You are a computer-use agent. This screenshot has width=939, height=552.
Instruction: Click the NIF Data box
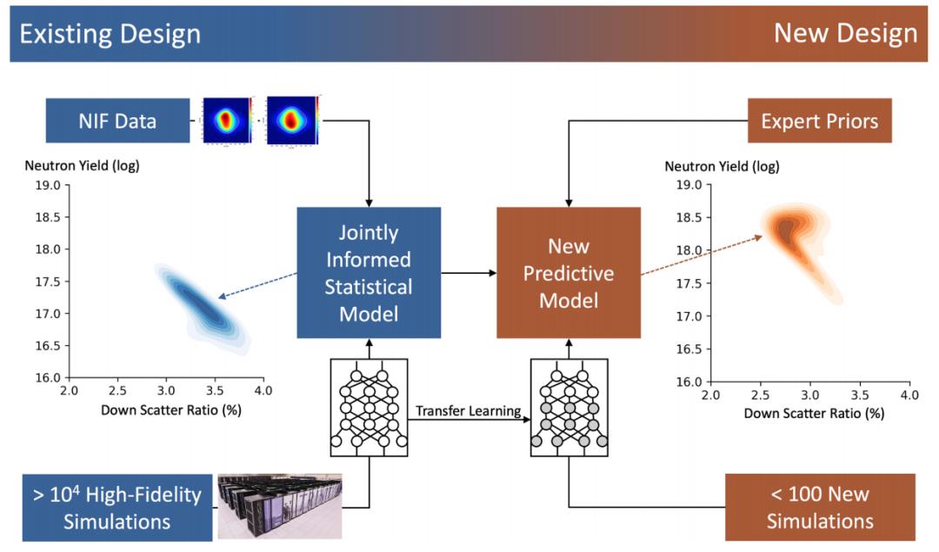pyautogui.click(x=118, y=121)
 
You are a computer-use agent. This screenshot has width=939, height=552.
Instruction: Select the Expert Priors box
pyautogui.click(x=819, y=121)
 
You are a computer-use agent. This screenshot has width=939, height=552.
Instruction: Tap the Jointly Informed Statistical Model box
pyautogui.click(x=369, y=273)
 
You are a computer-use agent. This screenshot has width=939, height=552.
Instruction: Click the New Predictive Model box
pyautogui.click(x=569, y=273)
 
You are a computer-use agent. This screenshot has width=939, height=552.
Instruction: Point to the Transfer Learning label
pyautogui.click(x=469, y=410)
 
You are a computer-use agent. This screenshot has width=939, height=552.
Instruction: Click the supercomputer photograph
pyautogui.click(x=280, y=507)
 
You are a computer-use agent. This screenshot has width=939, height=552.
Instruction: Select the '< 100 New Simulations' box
pyautogui.click(x=820, y=507)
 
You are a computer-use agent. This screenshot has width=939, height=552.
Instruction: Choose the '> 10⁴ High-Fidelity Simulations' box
pyautogui.click(x=117, y=508)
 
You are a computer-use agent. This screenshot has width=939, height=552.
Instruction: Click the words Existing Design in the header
pyautogui.click(x=110, y=34)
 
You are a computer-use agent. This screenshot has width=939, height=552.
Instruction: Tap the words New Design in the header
pyautogui.click(x=846, y=34)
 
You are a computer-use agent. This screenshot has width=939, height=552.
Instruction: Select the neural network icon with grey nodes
pyautogui.click(x=569, y=408)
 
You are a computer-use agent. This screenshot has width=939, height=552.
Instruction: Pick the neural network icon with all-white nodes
pyautogui.click(x=369, y=408)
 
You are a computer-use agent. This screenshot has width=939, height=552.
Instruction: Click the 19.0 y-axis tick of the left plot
pyautogui.click(x=48, y=186)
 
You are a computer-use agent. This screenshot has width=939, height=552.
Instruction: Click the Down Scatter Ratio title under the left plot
pyautogui.click(x=170, y=410)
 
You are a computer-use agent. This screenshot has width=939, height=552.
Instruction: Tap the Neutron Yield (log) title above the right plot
pyautogui.click(x=722, y=166)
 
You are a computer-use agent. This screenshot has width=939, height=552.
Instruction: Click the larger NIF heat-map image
pyautogui.click(x=291, y=120)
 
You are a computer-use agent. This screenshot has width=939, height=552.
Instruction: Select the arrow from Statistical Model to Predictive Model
pyautogui.click(x=469, y=273)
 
